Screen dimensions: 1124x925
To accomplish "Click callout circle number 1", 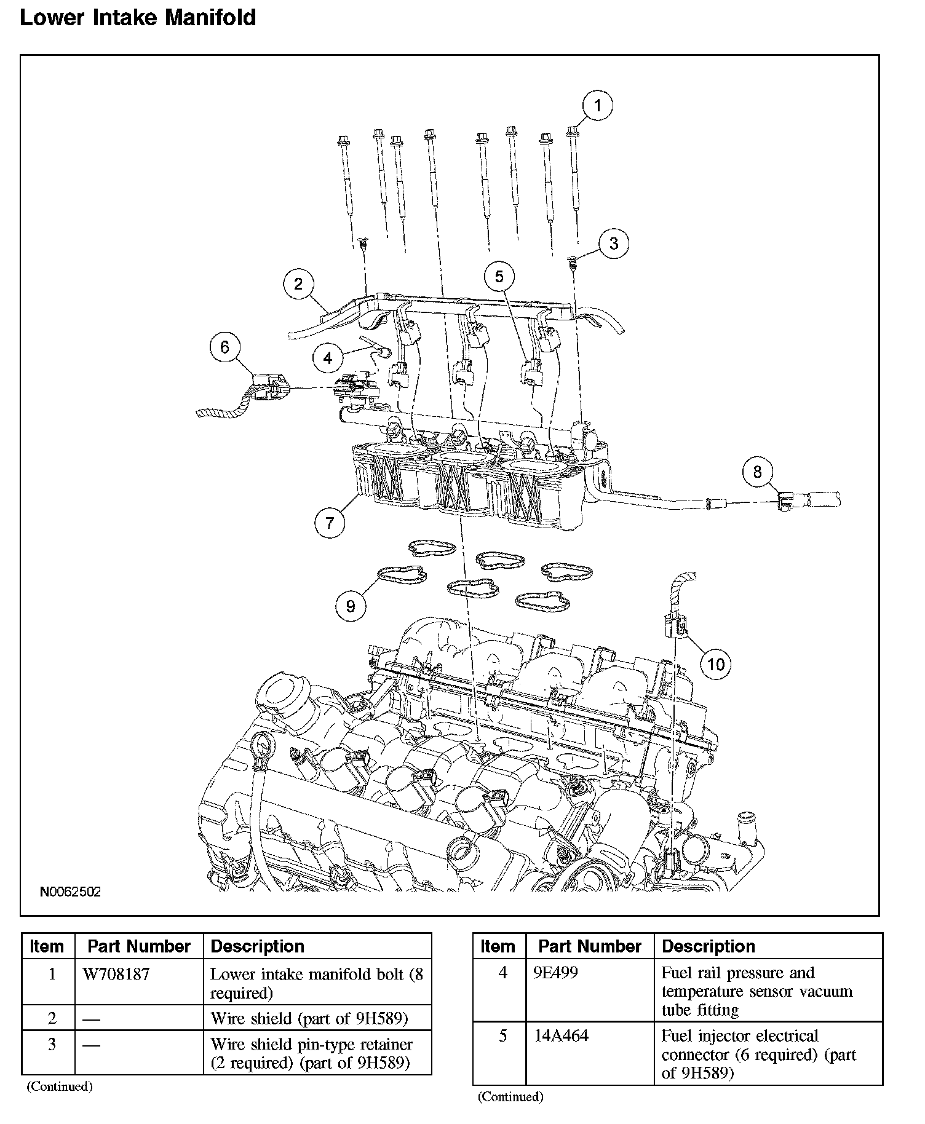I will tap(597, 106).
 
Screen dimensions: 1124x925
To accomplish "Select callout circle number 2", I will tap(299, 283).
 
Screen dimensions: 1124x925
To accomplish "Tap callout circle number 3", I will tap(614, 243).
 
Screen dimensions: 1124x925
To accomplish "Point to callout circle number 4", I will tap(328, 358).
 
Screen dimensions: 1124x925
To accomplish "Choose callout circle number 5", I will tap(499, 277).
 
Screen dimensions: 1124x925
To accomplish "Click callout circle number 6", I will tap(225, 347).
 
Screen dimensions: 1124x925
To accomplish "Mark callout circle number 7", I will tap(330, 523).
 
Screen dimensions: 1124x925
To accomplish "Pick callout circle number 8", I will tap(757, 472).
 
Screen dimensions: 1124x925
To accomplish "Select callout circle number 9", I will tap(351, 606).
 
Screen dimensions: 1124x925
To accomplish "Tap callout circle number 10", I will tap(716, 664).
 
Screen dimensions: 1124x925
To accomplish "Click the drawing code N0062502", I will tap(71, 892).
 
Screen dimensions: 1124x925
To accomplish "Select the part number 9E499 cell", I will tap(556, 973).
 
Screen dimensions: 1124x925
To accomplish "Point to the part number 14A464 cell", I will tap(561, 1036).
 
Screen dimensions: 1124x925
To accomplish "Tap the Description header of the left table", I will tap(257, 946).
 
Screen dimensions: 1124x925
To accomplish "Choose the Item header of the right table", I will tap(498, 946).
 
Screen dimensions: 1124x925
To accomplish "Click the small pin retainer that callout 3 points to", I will tap(573, 263).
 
